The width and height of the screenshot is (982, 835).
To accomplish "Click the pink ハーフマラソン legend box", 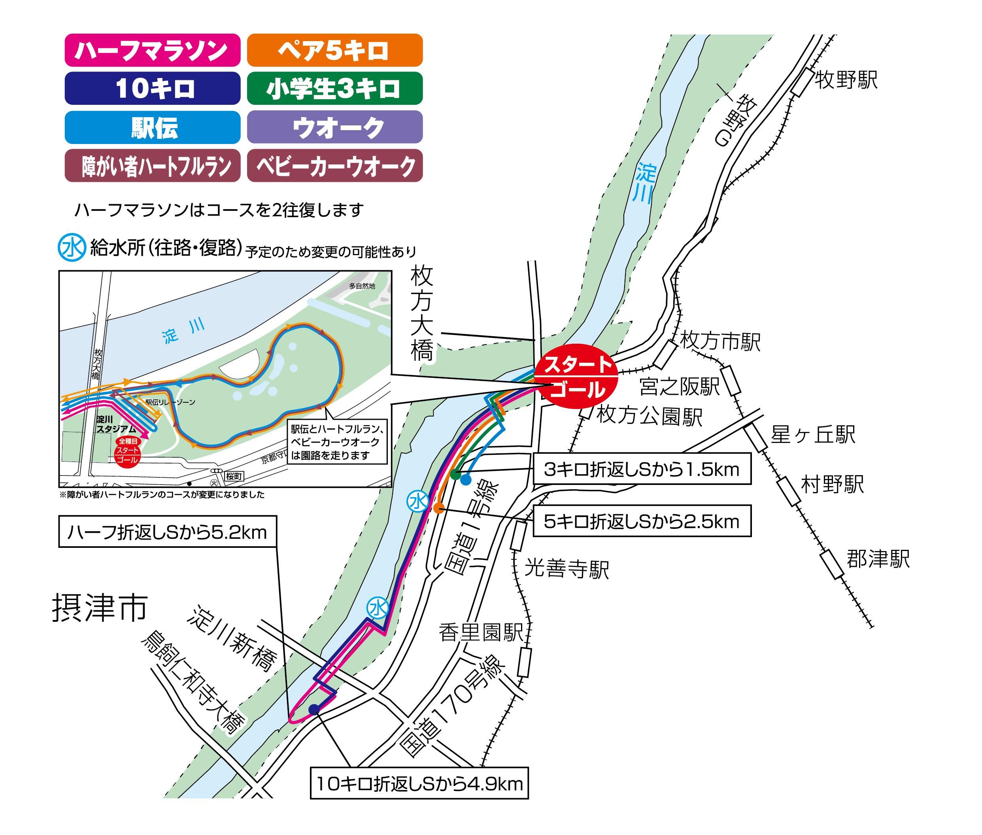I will pos(152,50).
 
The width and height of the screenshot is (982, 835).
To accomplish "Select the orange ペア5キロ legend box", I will pos(334,50).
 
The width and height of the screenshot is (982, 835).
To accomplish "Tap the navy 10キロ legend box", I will pos(152,88).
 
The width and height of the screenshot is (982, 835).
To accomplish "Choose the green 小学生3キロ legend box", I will pos(334,88).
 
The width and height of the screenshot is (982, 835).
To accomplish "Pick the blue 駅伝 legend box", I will pos(152,127).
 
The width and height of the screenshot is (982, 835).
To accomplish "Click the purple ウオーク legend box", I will pos(334,127).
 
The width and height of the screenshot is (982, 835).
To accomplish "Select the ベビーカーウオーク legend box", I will pos(334,166).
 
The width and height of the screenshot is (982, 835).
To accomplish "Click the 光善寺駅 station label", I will pos(566,568).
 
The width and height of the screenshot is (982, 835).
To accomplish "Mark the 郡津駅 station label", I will pos(878,559).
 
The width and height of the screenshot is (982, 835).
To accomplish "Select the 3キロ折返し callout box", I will pos(641,469).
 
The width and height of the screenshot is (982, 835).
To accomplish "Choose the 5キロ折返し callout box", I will pos(641,521).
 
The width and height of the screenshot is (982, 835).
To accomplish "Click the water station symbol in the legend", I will pos(72,247).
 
